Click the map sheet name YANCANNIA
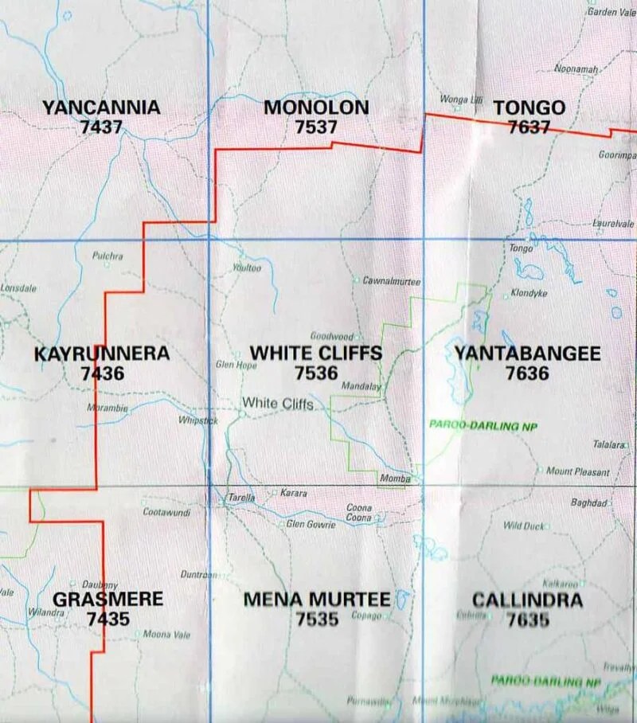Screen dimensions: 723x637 pos(101,107)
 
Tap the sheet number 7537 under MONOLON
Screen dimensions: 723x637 pos(316,126)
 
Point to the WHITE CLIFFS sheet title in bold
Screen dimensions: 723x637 pos(316,353)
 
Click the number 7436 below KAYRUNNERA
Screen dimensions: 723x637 pos(103,372)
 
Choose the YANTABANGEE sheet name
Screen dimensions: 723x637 pos(527,353)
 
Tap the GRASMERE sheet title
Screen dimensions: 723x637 pos(107,599)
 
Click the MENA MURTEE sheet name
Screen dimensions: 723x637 pos(316,599)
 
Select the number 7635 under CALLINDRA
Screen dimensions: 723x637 pos(527,618)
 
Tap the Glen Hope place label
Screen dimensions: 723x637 pos(236,365)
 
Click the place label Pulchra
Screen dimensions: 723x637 pos(107,256)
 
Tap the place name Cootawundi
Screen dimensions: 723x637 pos(166,513)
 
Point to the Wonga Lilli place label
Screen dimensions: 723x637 pos(462,100)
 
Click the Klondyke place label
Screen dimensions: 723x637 pos(530,293)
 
